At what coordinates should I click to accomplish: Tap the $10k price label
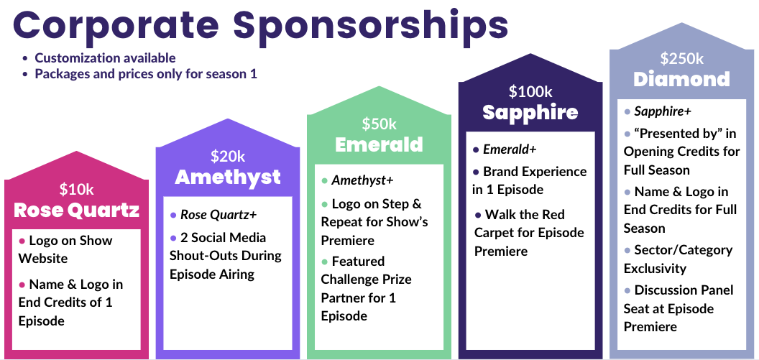[76, 189]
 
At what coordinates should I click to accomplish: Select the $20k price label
[228, 157]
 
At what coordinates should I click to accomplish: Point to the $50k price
[379, 124]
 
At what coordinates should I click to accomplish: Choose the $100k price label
[530, 91]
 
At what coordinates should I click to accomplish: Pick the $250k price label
[681, 58]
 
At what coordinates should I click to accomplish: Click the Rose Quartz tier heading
[76, 210]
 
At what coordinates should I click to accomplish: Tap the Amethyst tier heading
[228, 177]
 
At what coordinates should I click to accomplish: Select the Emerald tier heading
[379, 144]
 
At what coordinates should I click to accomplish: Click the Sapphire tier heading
[530, 112]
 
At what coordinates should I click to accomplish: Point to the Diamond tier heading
[681, 79]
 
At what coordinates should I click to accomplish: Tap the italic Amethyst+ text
[362, 181]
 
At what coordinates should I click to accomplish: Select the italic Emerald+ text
[510, 149]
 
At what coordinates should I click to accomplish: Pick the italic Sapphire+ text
[663, 112]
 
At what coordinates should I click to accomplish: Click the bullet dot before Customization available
[26, 58]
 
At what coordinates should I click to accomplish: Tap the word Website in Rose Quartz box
[43, 259]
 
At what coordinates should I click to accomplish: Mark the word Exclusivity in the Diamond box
[655, 269]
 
